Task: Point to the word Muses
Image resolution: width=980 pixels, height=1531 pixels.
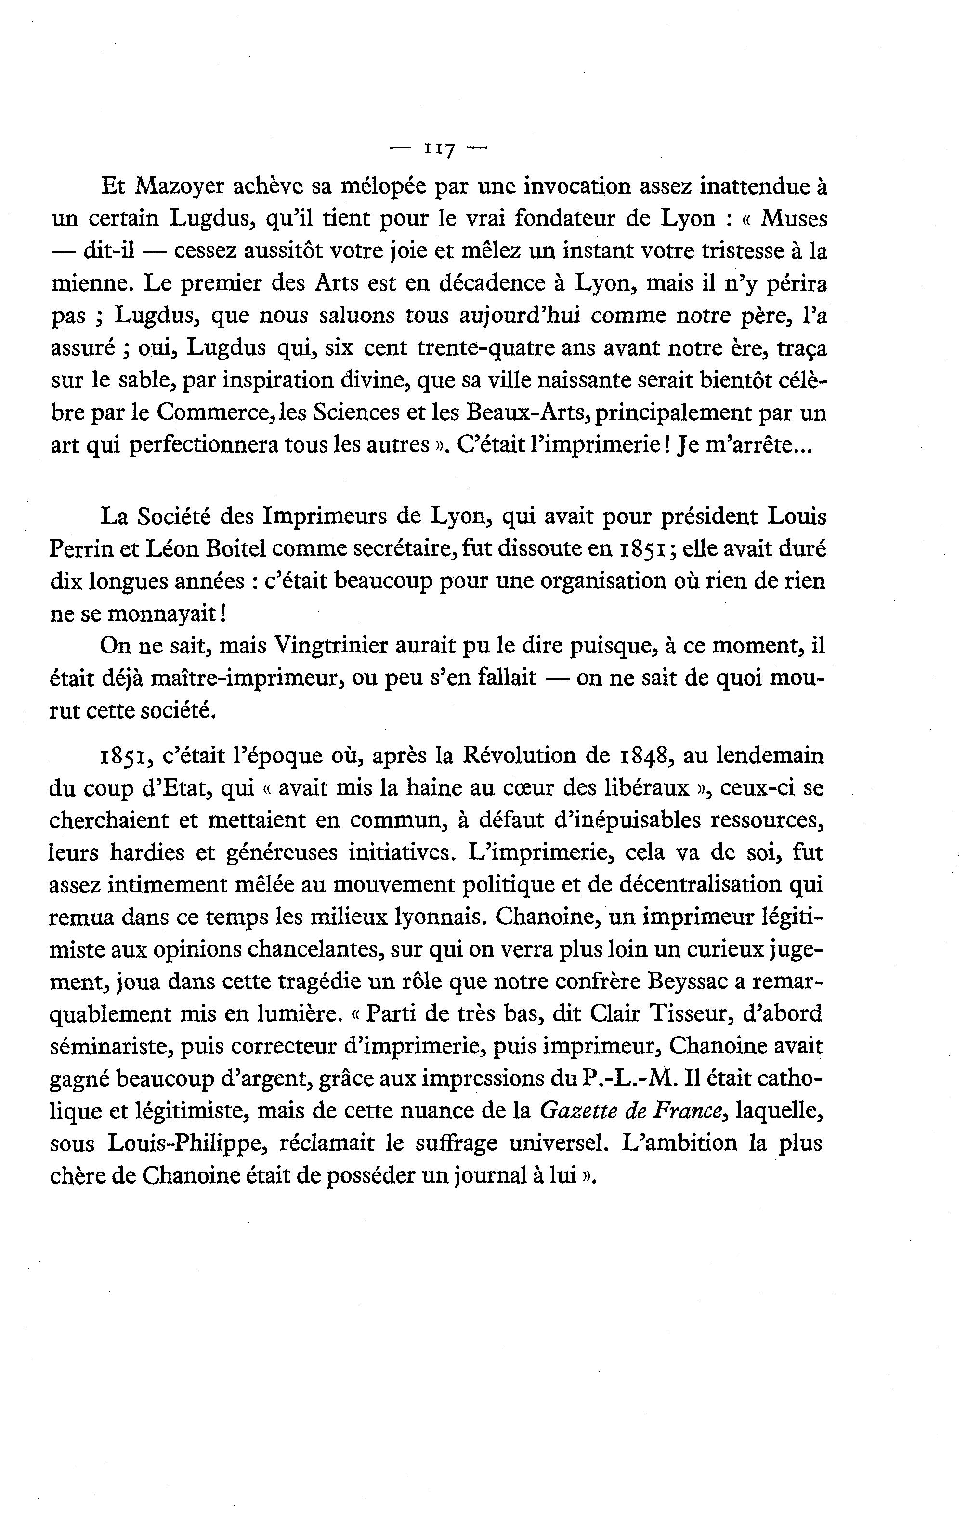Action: point(794,219)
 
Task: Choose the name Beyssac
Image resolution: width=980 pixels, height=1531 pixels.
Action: point(688,982)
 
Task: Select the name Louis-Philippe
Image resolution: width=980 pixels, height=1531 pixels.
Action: point(188,1143)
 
